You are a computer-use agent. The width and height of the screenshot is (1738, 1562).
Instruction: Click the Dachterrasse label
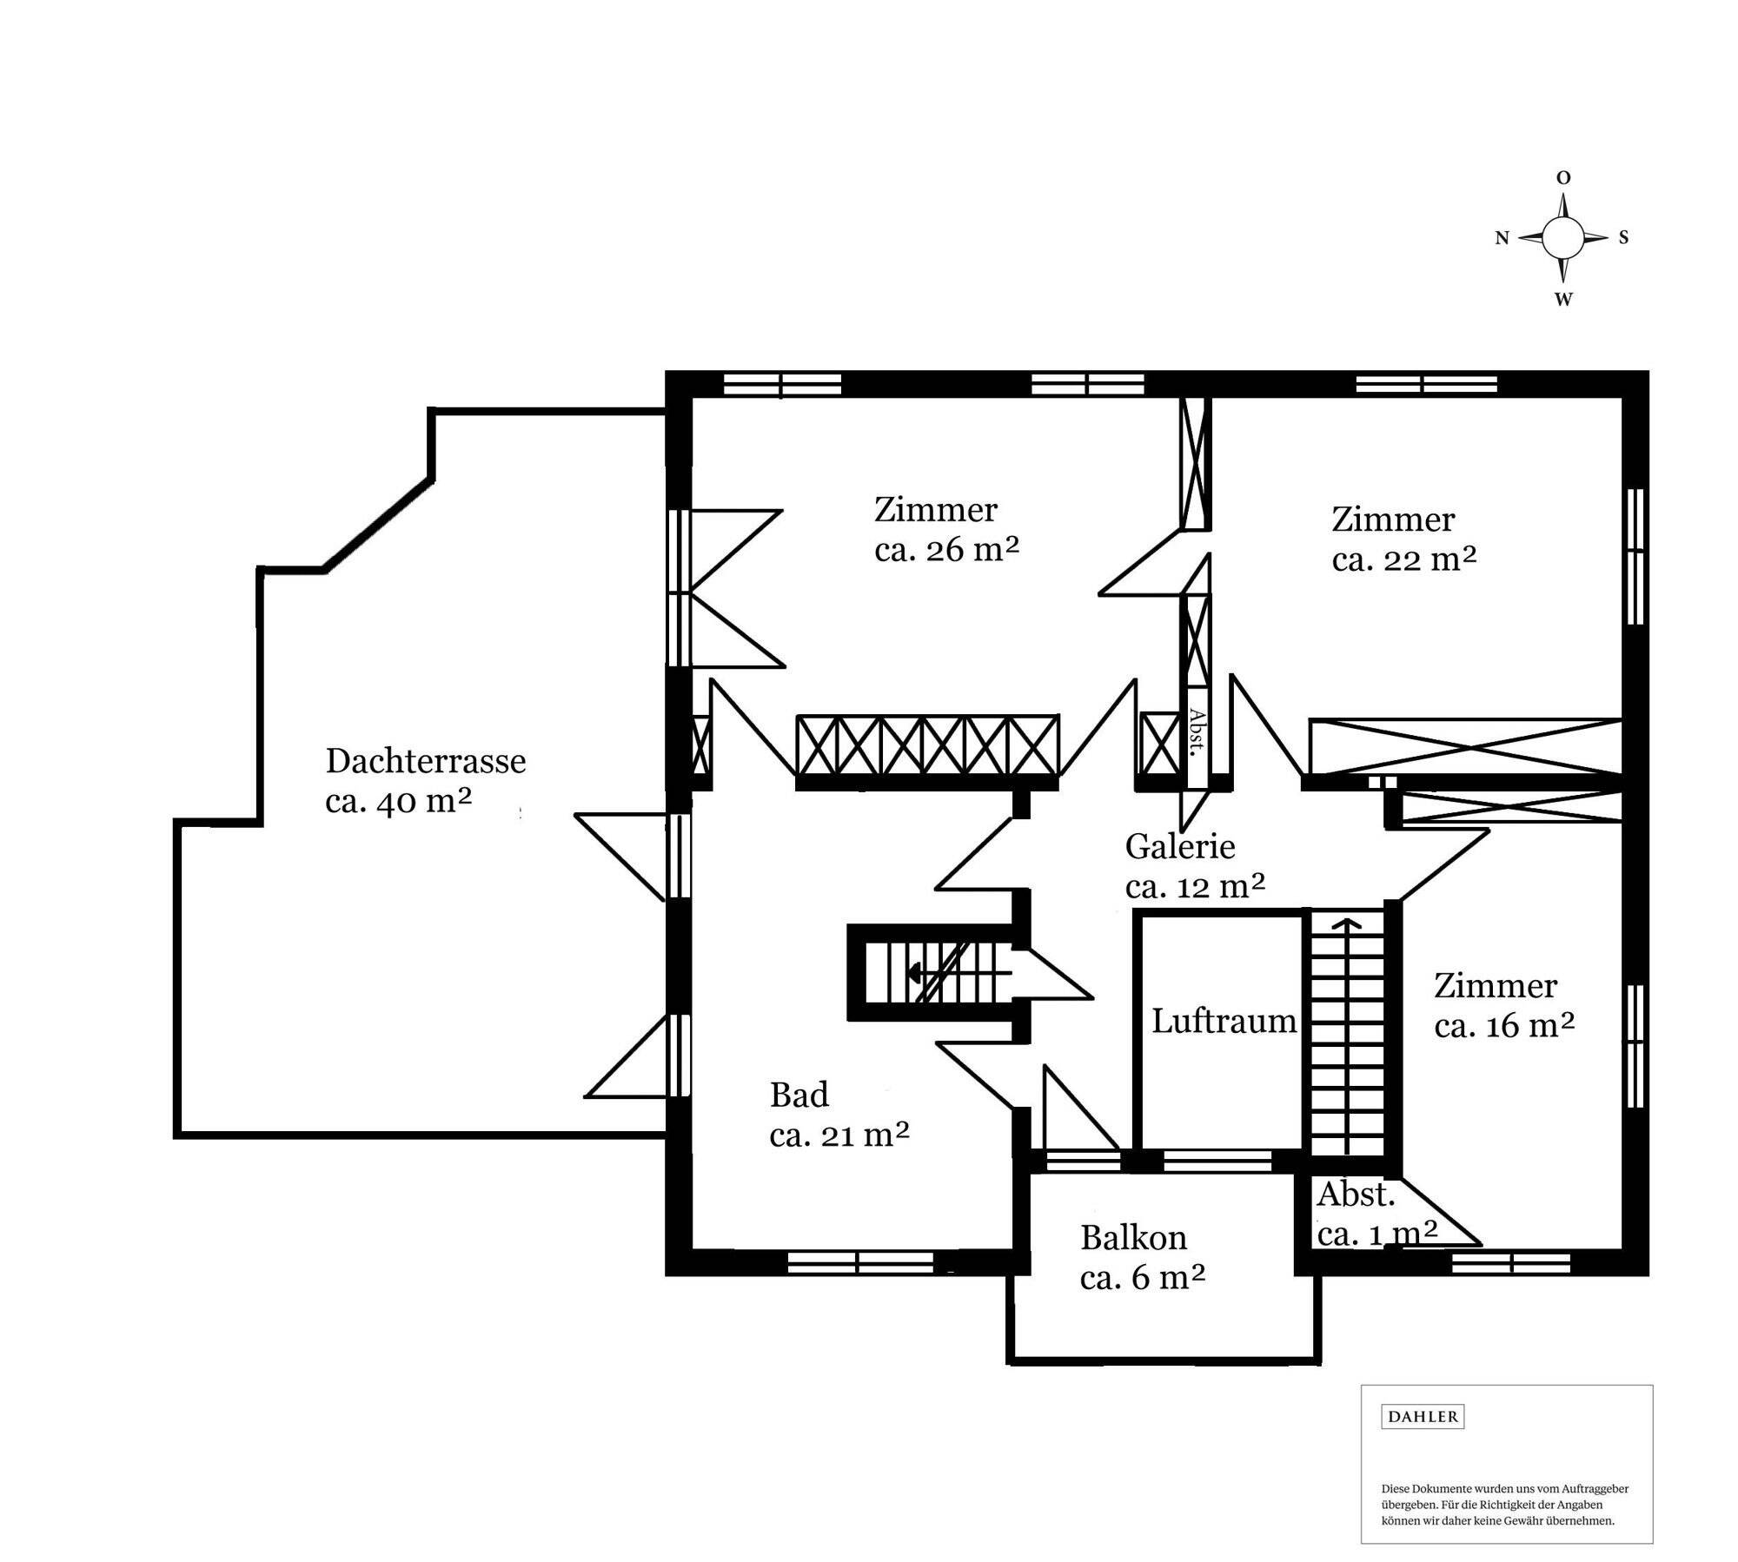(x=426, y=761)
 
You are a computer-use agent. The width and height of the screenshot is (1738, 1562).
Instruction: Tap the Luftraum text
(x=1224, y=1021)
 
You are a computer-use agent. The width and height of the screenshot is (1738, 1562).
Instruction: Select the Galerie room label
(x=1180, y=846)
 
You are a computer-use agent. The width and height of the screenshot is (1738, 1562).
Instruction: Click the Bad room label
(x=799, y=1095)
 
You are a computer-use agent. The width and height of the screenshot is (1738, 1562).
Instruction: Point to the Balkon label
(x=1133, y=1237)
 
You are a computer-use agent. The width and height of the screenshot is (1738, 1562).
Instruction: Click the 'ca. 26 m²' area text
(x=946, y=550)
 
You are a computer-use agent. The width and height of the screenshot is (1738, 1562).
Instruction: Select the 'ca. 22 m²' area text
(x=1404, y=559)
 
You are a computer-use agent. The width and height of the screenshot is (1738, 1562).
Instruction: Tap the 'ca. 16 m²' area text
(x=1504, y=1026)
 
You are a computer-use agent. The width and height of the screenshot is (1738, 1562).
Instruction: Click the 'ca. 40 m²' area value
(x=398, y=801)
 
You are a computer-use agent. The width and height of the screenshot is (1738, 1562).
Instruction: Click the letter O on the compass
(x=1563, y=178)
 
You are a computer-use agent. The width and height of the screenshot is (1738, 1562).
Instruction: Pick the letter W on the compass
(x=1563, y=300)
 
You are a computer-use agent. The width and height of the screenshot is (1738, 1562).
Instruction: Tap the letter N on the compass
(x=1502, y=238)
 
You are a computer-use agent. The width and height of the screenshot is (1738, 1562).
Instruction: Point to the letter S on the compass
(x=1623, y=237)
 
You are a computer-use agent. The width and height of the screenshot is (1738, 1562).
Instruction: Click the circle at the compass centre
(x=1563, y=237)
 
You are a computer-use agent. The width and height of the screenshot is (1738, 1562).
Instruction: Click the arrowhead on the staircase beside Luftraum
(x=1348, y=924)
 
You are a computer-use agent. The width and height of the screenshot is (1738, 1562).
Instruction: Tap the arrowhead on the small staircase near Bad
(x=913, y=973)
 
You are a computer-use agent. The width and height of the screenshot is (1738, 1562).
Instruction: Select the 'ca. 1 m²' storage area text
(x=1377, y=1233)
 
